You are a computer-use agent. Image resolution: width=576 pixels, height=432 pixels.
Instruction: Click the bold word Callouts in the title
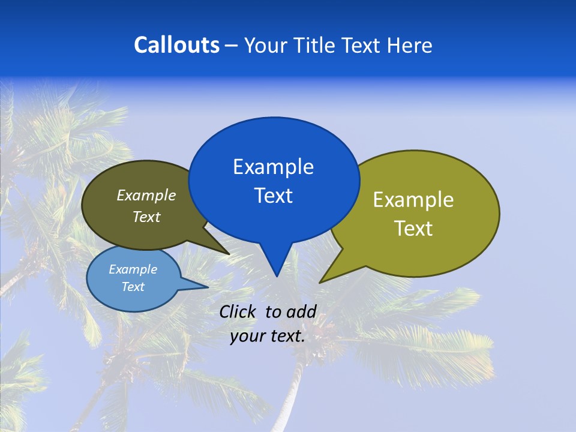click(x=176, y=45)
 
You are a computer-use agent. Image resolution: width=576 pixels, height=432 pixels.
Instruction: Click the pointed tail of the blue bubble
click(x=276, y=267)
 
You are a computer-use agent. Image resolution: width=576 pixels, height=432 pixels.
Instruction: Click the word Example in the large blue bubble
click(x=273, y=167)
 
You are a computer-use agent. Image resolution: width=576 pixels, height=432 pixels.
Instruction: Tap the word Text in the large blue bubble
click(x=273, y=196)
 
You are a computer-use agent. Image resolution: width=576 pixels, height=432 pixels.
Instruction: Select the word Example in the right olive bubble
click(x=413, y=200)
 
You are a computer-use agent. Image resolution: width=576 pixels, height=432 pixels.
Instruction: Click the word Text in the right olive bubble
click(x=413, y=229)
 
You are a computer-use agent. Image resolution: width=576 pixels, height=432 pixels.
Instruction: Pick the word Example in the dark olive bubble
click(x=146, y=196)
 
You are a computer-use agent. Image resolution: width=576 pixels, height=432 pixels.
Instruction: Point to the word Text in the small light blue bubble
click(x=133, y=287)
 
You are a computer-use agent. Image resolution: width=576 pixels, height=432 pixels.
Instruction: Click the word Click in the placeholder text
click(x=238, y=311)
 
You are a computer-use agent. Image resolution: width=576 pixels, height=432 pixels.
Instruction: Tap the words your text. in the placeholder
click(x=268, y=336)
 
